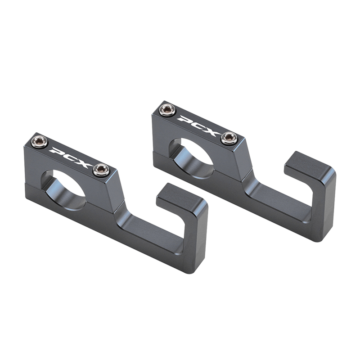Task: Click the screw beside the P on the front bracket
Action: click(x=40, y=143)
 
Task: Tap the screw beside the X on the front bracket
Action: click(x=101, y=170)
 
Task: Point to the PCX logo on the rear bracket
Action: click(x=198, y=124)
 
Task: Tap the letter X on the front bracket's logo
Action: click(x=83, y=162)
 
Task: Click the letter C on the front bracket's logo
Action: click(x=70, y=157)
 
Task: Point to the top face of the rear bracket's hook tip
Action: click(x=309, y=165)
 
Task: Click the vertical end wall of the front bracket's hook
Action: click(x=196, y=238)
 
